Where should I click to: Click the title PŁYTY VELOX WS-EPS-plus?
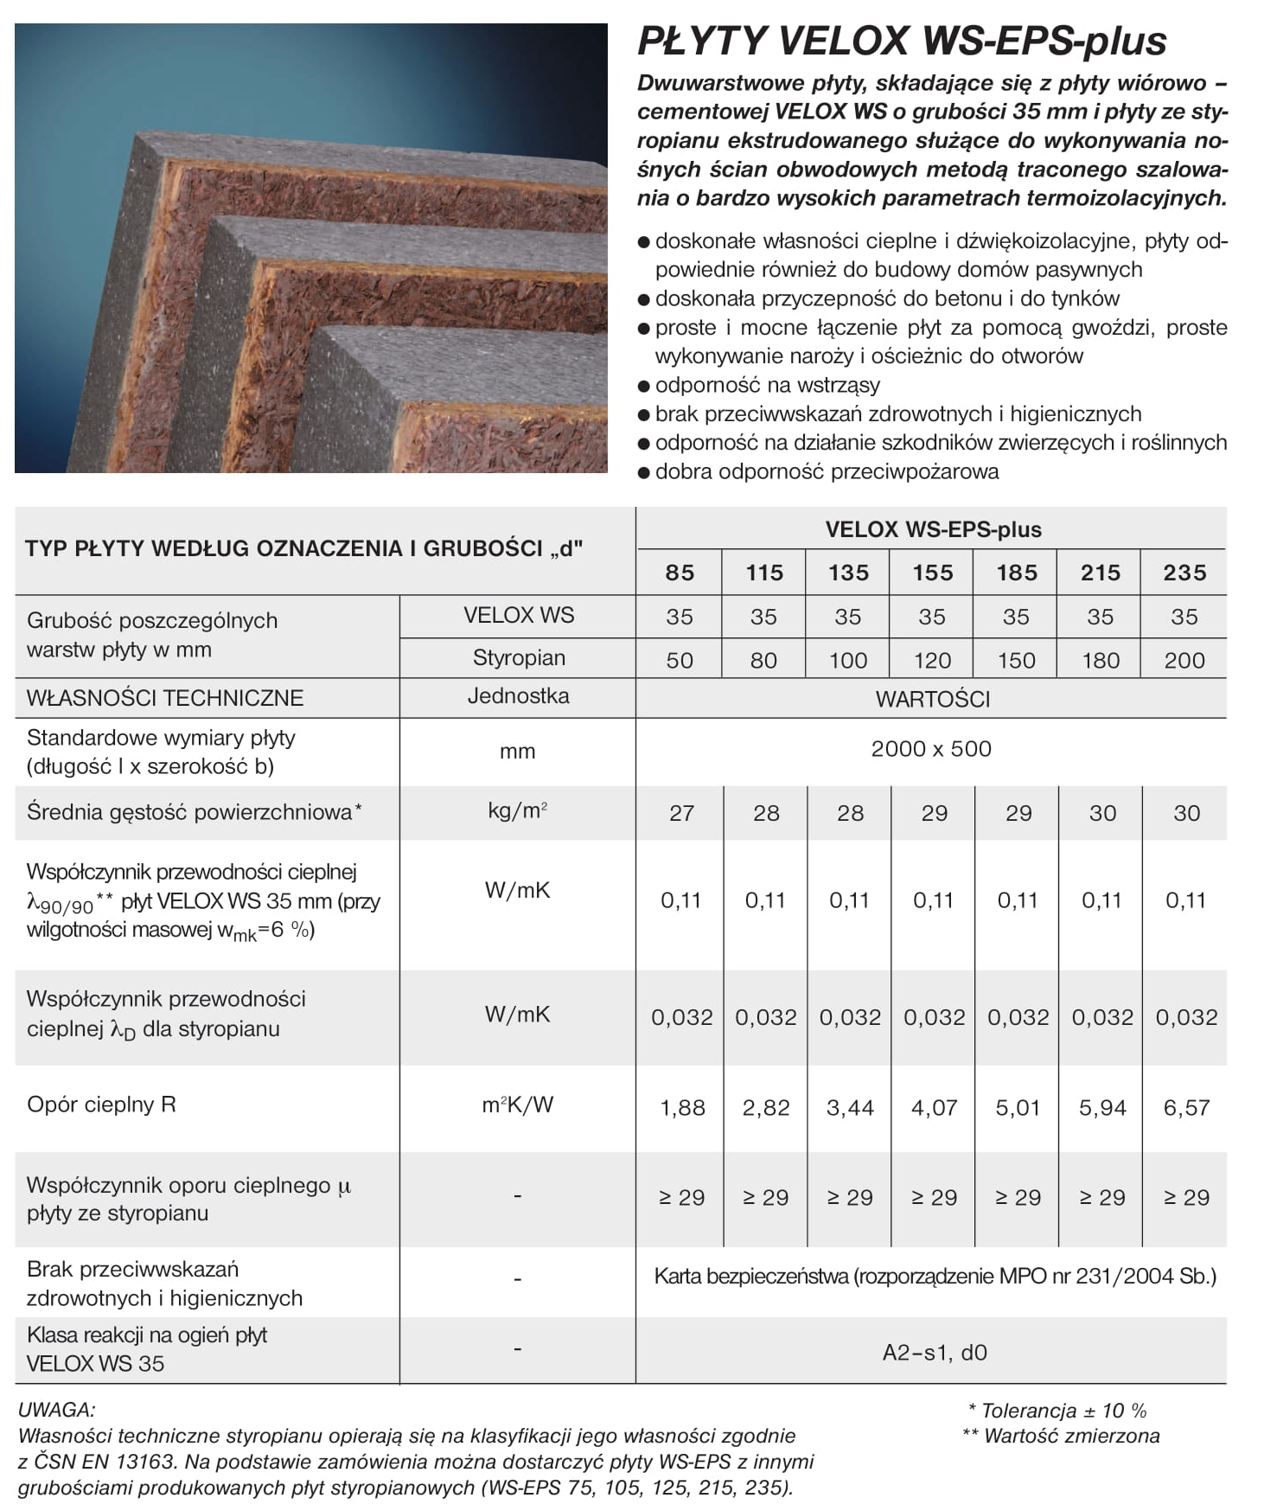pos(902,41)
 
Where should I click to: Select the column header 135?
pos(848,573)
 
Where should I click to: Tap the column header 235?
pos(1184,573)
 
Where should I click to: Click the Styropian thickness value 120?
pos(932,661)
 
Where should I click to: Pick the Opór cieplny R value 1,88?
pos(682,1108)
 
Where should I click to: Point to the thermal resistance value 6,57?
pos(1186,1108)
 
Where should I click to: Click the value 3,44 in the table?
pos(850,1108)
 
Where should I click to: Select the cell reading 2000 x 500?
pos(931,749)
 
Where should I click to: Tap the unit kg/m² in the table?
pos(517,811)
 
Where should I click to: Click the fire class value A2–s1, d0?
pos(935,1352)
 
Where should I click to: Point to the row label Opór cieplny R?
pos(101,1104)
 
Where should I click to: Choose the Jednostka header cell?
pos(518,696)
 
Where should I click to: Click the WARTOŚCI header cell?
pos(932,699)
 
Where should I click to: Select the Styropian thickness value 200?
pos(1184,661)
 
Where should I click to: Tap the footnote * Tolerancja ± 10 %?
pos(1057,1411)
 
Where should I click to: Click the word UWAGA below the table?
pos(57,1410)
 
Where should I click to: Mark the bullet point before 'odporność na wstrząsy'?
pos(643,387)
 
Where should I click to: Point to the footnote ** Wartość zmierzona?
pos(1061,1436)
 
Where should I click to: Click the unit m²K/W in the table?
pos(517,1104)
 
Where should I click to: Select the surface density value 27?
pos(681,813)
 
